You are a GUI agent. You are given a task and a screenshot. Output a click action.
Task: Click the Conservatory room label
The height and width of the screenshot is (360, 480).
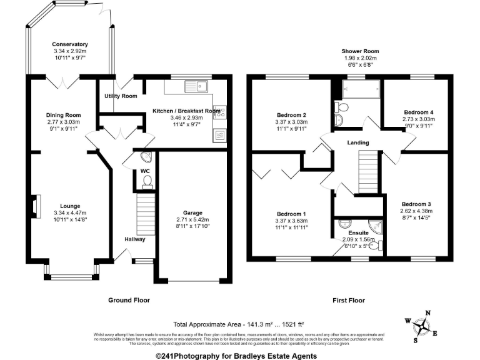click(70, 44)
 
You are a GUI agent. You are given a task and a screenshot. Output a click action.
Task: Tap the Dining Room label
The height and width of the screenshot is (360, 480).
click(64, 115)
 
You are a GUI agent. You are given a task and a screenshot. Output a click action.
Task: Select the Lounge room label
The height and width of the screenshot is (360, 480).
click(70, 206)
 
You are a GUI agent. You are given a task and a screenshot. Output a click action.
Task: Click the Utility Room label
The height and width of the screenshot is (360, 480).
click(121, 96)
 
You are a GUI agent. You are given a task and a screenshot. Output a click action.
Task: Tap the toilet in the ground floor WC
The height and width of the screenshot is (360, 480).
click(147, 181)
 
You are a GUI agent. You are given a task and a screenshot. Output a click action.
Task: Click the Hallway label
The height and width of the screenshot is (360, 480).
click(134, 239)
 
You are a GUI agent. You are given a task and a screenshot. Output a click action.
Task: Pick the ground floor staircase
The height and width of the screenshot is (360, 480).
click(145, 212)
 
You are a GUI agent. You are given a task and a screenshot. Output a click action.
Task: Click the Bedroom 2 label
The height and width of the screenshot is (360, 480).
click(291, 115)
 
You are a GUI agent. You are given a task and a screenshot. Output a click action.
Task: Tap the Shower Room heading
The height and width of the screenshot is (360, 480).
click(360, 51)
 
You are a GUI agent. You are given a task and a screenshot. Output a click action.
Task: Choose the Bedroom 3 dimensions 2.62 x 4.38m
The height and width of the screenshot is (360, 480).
click(416, 212)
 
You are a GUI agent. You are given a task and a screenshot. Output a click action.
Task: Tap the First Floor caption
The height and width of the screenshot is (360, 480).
click(349, 301)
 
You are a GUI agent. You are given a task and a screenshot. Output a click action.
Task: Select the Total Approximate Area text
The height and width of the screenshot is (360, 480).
click(239, 324)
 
